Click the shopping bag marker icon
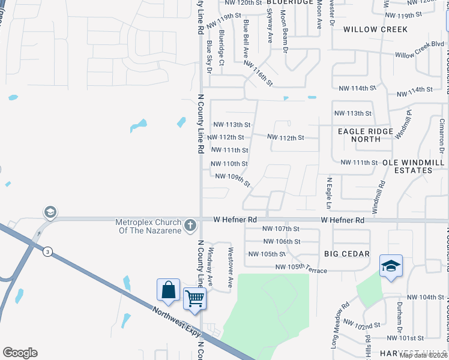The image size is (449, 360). (x=169, y=290)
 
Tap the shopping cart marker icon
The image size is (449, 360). (x=194, y=298)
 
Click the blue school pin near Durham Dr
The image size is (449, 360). (x=391, y=266)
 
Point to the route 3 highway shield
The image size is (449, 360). (x=47, y=252)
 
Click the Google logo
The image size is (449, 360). (x=20, y=353)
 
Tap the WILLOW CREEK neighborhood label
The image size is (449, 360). (x=375, y=29)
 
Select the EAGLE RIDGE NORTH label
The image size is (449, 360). (x=366, y=135)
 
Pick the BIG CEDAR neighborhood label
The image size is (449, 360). (x=347, y=254)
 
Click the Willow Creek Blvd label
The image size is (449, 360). (x=419, y=50)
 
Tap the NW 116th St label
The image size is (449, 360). (x=259, y=74)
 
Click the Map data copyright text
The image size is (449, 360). (x=423, y=355)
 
